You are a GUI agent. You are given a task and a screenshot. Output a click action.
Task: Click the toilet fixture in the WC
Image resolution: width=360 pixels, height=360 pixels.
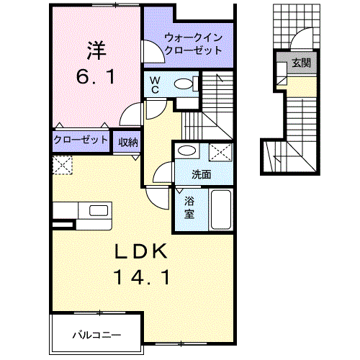[184, 84]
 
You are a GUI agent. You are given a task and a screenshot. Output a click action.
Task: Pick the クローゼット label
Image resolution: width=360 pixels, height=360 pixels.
[81, 140]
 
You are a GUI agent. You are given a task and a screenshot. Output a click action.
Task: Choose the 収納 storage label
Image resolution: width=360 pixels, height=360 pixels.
[129, 140]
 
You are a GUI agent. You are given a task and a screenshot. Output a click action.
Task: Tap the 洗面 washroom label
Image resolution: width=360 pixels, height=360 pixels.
[202, 174]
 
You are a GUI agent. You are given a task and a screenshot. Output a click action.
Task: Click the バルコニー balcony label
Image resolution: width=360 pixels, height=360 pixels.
[96, 334]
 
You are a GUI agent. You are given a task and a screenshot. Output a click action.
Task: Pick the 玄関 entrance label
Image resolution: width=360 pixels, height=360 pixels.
[301, 63]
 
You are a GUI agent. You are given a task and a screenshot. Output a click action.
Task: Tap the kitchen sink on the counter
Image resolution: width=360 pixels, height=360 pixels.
[96, 211]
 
